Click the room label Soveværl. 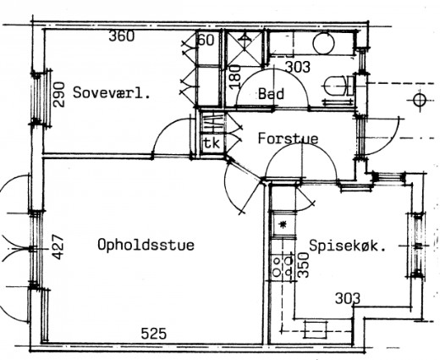click(x=111, y=92)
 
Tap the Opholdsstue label click(x=146, y=245)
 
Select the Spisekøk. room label click(x=348, y=246)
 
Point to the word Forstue click(x=288, y=138)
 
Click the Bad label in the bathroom click(x=271, y=93)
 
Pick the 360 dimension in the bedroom click(x=122, y=36)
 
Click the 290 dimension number click(x=59, y=95)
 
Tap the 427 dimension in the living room click(x=58, y=247)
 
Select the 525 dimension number click(x=154, y=334)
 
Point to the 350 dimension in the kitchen click(x=304, y=265)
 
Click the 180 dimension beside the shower click(x=235, y=77)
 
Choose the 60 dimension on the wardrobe click(x=206, y=40)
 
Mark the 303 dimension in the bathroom click(x=298, y=67)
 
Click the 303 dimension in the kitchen click(x=348, y=298)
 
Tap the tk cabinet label click(x=212, y=143)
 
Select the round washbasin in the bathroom click(x=323, y=43)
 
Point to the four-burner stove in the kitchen click(x=283, y=268)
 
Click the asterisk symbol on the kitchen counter click(x=283, y=224)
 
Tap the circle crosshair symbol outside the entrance click(x=421, y=100)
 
